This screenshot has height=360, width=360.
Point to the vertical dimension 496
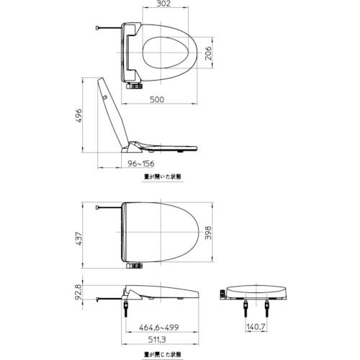pyautogui.click(x=78, y=115)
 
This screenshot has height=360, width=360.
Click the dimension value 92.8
pyautogui.click(x=78, y=294)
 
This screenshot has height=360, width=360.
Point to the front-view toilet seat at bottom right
pyautogui.click(x=256, y=292)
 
